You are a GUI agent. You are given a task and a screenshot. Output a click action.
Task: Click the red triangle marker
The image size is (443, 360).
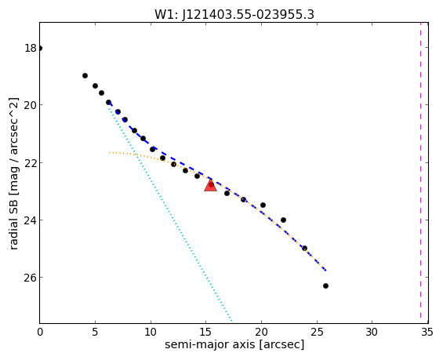coord(210,185)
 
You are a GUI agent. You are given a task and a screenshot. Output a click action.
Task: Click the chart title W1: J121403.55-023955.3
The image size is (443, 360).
coord(234,14)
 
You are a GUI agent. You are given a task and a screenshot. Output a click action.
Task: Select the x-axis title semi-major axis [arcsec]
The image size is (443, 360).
coord(234,345)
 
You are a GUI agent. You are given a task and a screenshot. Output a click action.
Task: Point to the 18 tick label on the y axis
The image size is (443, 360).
coord(31,49)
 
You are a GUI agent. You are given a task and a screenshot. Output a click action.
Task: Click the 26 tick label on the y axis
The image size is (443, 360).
coord(31,278)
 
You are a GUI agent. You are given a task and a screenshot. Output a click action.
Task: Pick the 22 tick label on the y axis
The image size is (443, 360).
coord(31,163)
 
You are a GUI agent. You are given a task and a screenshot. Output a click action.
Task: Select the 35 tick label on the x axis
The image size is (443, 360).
coord(427,332)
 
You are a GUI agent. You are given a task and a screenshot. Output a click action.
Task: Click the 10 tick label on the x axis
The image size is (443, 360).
coord(151,332)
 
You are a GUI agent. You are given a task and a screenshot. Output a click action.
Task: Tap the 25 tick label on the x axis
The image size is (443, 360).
coord(317,332)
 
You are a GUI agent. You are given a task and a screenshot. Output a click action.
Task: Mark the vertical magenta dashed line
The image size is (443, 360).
coord(420,173)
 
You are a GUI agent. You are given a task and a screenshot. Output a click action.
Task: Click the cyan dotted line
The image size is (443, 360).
coord(170,213)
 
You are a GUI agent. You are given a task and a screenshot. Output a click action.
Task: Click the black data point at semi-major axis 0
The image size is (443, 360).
coord(39,49)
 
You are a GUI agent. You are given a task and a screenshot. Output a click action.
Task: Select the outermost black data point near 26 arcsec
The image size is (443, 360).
coord(325,286)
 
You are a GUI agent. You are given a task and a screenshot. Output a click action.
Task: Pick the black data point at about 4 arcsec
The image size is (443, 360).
coord(85,76)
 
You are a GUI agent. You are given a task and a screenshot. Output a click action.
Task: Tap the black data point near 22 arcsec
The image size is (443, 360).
coord(283,220)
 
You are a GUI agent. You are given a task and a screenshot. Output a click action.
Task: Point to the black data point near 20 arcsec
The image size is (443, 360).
coord(263,205)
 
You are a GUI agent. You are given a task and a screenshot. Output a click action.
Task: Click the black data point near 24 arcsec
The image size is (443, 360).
coord(304,248)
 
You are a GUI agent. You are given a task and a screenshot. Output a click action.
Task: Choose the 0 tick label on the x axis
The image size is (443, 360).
coord(40,332)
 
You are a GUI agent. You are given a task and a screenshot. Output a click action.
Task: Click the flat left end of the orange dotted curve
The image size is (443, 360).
coord(110,153)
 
